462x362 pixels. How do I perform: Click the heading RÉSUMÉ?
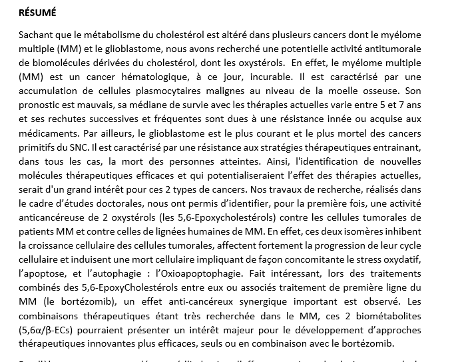coord(37,12)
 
